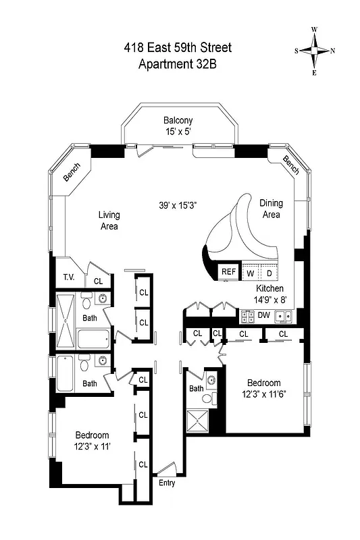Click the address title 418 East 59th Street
point(178,47)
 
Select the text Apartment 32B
point(178,65)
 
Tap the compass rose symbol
point(314,51)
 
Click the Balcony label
point(178,121)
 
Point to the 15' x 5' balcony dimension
point(178,132)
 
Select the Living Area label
point(109,221)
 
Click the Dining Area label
point(271,209)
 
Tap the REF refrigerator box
point(228,273)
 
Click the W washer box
point(249,273)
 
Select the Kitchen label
point(269,288)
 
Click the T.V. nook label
point(68,277)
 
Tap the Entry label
point(166,483)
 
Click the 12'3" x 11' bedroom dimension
point(92,446)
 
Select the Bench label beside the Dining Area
point(290,164)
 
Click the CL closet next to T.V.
point(98,281)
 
